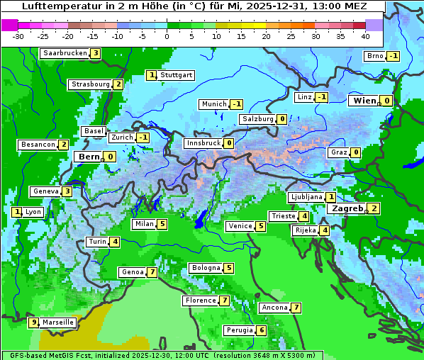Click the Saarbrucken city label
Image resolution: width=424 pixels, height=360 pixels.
coord(65,53)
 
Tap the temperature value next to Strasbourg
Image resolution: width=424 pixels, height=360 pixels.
coord(118,84)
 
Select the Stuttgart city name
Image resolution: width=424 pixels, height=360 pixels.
coord(176,75)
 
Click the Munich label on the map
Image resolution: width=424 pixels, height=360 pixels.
coord(213,104)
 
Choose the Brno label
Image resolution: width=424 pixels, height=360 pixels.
coord(374,56)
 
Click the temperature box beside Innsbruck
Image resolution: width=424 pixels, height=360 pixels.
coord(229,143)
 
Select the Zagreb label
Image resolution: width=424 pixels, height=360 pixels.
coord(346,208)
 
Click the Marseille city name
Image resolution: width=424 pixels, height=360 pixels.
coord(58,322)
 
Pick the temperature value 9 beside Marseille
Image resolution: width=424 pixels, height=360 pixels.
coord(33,322)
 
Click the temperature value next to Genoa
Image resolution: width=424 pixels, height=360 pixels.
coord(152,272)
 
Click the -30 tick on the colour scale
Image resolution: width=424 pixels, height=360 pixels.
coord(19,35)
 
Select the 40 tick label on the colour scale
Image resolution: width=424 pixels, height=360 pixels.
coord(364,35)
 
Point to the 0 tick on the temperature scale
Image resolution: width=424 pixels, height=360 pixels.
coord(167,35)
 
